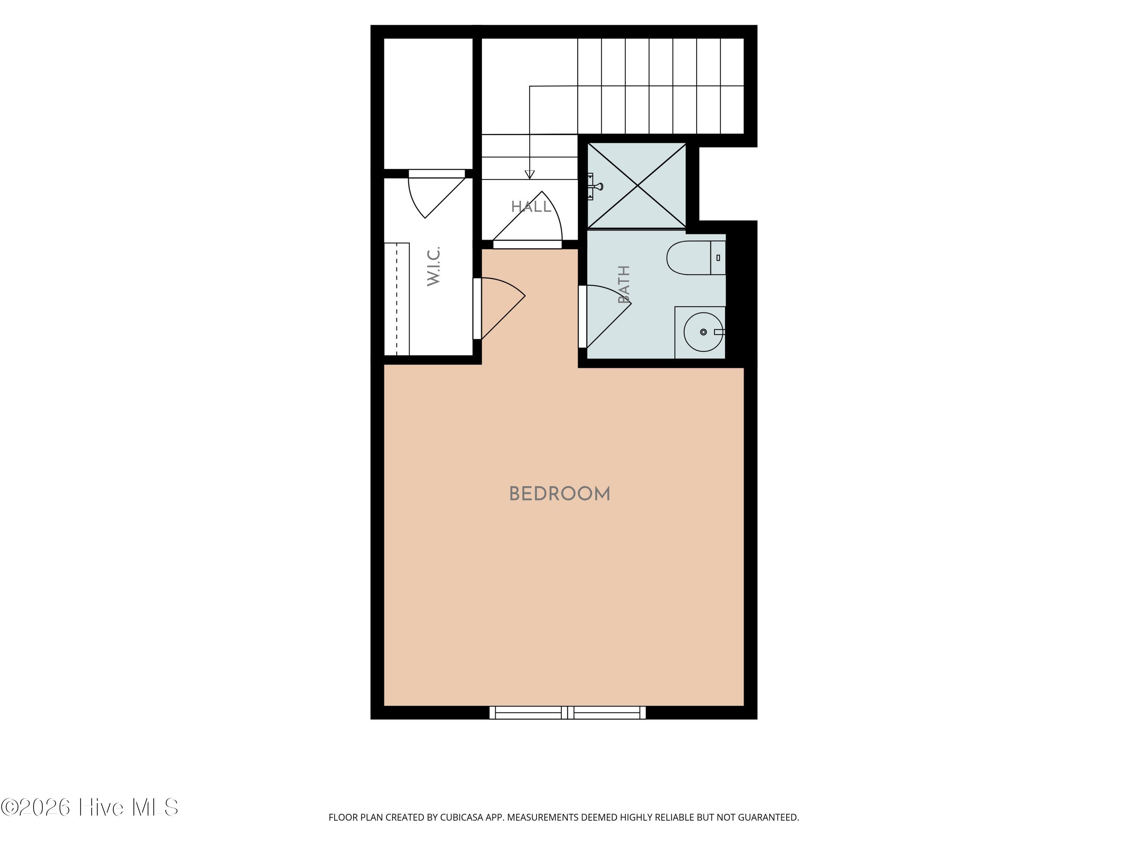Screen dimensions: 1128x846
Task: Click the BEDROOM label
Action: (x=559, y=494)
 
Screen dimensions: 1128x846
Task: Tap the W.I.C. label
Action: (x=434, y=266)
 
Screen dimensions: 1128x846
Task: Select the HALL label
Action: (x=531, y=206)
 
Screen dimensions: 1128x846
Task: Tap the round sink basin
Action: (x=703, y=332)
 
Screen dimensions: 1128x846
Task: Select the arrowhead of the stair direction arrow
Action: (x=530, y=174)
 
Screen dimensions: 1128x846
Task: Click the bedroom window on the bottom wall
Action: (x=567, y=713)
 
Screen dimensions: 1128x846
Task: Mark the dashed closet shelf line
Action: (x=397, y=299)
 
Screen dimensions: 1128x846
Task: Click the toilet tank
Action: (x=718, y=258)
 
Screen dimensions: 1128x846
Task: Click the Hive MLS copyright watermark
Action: (x=90, y=807)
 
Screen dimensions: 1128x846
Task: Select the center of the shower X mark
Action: (x=637, y=186)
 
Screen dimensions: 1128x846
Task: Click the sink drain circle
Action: (x=703, y=332)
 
